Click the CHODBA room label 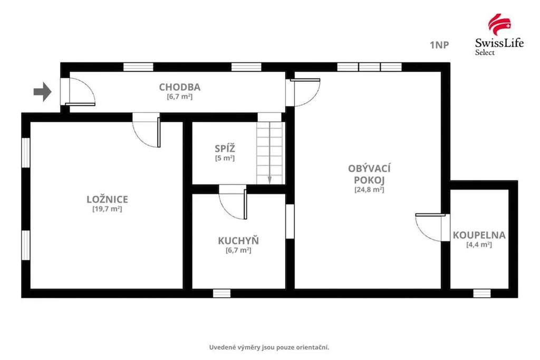[179, 87]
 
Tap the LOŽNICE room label [107, 199]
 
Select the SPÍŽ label [225, 149]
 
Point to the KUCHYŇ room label [238, 240]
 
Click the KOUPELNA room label [479, 235]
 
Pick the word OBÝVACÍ [369, 169]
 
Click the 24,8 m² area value [369, 189]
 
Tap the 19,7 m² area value [107, 209]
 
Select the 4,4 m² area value [479, 245]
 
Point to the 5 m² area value [225, 158]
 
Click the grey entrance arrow [42, 92]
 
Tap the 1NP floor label [439, 45]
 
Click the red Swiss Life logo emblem [499, 24]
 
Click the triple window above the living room [369, 67]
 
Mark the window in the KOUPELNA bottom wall [482, 293]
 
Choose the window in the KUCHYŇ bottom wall [222, 293]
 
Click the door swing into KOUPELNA [430, 227]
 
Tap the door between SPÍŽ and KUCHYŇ [233, 202]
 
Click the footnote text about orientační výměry [269, 347]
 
